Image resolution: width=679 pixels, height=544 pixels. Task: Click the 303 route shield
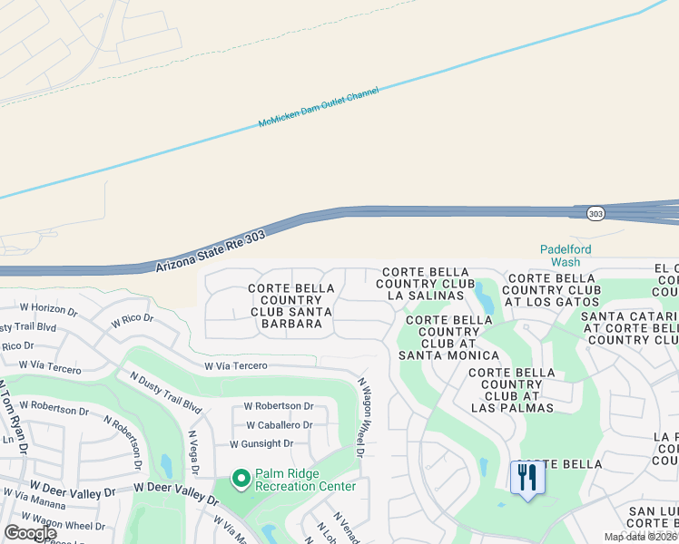(x=595, y=213)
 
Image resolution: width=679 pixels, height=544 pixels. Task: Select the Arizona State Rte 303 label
(x=211, y=250)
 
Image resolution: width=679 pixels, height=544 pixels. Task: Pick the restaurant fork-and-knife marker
(x=527, y=478)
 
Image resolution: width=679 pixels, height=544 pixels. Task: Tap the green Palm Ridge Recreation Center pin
(x=241, y=477)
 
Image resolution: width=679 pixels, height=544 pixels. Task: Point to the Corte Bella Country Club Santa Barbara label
(x=290, y=306)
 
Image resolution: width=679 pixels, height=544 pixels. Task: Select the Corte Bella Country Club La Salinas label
(x=427, y=284)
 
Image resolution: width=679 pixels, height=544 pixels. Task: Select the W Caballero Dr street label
(x=278, y=424)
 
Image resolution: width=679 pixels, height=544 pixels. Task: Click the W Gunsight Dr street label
(x=261, y=443)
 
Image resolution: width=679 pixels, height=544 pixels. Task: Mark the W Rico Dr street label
(x=133, y=321)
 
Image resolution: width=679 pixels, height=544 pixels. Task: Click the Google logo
(x=31, y=533)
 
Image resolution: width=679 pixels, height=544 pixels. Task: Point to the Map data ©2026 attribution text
(x=640, y=537)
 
